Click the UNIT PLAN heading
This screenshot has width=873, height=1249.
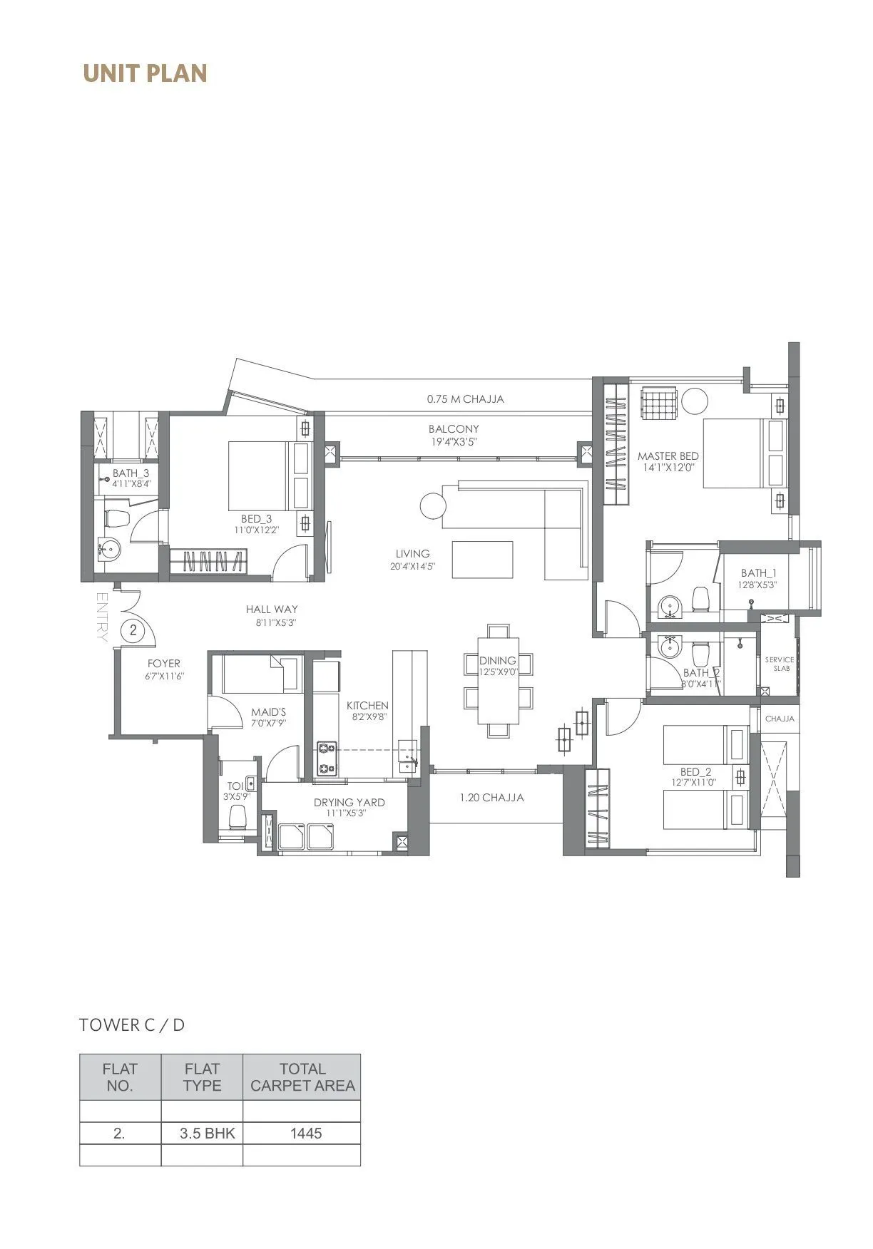145,73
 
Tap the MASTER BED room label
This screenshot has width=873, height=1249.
668,456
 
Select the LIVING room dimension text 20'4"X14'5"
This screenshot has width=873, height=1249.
412,566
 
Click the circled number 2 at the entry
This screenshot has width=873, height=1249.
133,630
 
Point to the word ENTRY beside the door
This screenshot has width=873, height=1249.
101,617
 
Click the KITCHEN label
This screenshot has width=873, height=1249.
367,706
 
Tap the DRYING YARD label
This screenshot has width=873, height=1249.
349,802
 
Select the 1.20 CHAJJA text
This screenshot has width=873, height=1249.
491,798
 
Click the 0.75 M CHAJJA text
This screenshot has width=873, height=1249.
465,399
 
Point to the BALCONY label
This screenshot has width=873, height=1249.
454,429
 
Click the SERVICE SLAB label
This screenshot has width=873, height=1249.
779,664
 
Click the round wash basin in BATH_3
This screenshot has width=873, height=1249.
109,549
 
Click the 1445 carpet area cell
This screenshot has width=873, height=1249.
306,1133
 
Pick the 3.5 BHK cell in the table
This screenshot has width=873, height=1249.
207,1133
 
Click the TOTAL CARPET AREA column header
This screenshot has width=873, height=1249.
302,1076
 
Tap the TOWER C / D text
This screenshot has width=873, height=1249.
132,1025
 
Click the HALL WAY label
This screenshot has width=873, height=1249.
272,610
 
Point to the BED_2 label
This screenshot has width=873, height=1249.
695,772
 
